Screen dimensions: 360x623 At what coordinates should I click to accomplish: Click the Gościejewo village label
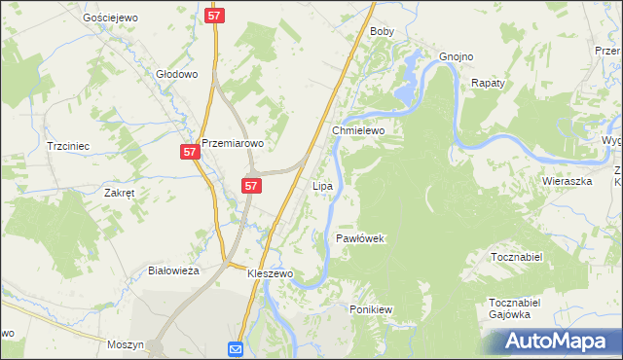[x=109, y=18]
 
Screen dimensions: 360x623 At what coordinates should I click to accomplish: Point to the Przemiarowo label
[x=234, y=143]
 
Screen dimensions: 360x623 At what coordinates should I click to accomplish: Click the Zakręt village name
[x=119, y=193]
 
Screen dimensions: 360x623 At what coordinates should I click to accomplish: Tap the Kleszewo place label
[x=270, y=274]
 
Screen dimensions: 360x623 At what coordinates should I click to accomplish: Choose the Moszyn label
[x=127, y=345]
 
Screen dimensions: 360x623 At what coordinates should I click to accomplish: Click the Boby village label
[x=382, y=32]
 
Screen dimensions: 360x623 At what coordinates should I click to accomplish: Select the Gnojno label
[x=456, y=56]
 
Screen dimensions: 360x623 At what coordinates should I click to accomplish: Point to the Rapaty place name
[x=488, y=84]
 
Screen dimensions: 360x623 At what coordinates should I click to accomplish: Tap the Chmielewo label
[x=359, y=129]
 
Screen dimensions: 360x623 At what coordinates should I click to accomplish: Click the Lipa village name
[x=323, y=185]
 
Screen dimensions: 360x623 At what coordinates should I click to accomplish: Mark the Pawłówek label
[x=362, y=238]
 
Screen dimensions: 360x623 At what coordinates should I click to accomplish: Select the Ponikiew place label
[x=370, y=309]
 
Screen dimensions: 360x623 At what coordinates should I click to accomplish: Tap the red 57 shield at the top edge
[x=216, y=16]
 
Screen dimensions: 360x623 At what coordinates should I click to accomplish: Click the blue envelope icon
[x=237, y=349]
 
